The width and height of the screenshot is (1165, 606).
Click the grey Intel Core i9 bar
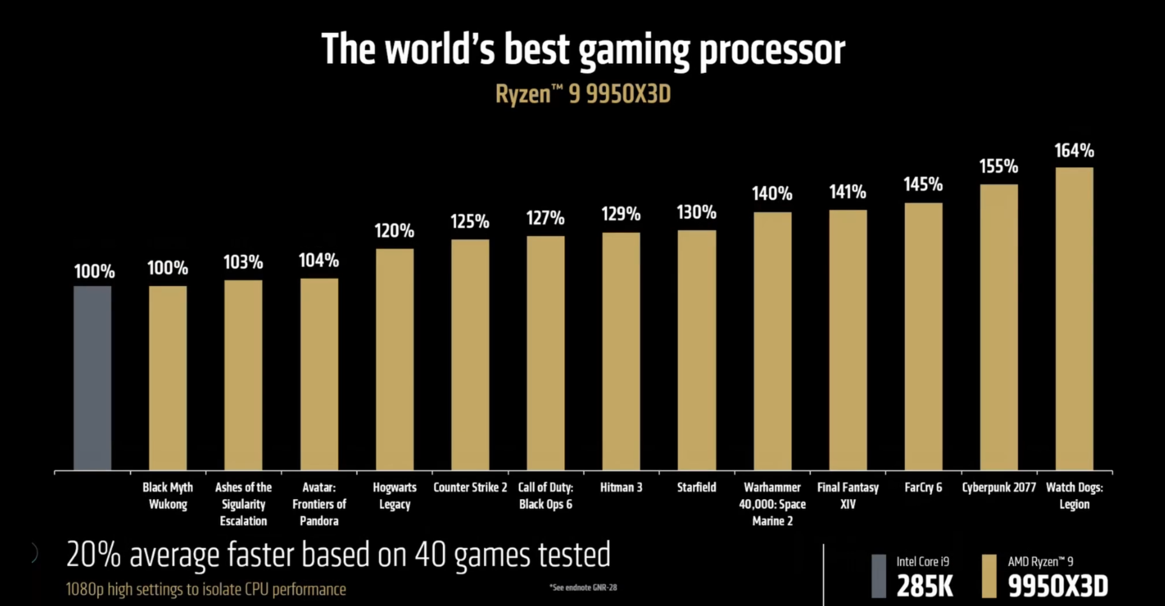coord(92,378)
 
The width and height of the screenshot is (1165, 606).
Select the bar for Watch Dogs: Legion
coord(1074,319)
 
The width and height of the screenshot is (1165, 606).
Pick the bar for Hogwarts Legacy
coord(394,359)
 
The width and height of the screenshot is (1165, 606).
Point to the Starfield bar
coord(697,350)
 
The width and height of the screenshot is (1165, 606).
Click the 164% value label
coord(1074,151)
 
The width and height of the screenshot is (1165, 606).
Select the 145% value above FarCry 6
coord(923,185)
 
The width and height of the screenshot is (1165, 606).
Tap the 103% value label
coord(243,262)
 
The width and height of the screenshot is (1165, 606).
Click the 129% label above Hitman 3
coord(621,214)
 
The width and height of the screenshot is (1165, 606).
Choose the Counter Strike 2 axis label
coord(470,488)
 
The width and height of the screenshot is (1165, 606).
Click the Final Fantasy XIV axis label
coord(848,495)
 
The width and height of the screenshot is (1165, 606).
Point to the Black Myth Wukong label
coord(167,495)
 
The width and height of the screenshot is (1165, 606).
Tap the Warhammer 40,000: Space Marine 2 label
coord(772,504)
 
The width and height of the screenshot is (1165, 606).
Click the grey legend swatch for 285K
coord(878,576)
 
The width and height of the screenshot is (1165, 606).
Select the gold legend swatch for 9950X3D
coord(988,576)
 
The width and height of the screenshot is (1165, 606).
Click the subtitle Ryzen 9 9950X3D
coord(582,94)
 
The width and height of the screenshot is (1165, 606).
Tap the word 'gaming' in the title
coord(633,50)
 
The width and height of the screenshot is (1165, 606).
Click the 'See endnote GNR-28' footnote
coord(582,587)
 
